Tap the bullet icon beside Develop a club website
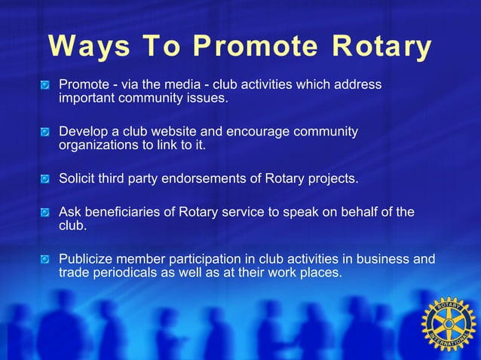pyautogui.click(x=45, y=133)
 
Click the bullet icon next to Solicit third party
pyautogui.click(x=45, y=179)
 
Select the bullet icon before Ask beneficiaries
pyautogui.click(x=45, y=212)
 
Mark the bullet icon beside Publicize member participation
pyautogui.click(x=45, y=261)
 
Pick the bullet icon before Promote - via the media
pyautogui.click(x=45, y=85)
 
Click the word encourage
pyautogui.click(x=265, y=132)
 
